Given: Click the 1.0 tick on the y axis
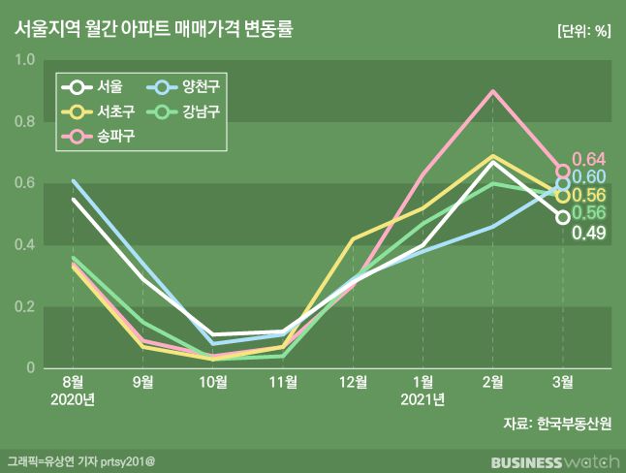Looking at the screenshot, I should pos(25,60).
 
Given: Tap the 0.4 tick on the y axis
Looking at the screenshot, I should pos(25,245).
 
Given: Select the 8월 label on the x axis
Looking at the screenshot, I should pos(74,382).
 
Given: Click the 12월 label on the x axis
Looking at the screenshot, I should pos(354,382).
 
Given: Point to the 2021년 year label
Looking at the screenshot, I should pos(423,399).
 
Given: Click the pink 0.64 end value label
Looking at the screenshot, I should pos(588,159).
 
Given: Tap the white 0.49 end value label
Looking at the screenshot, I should pos(588,233).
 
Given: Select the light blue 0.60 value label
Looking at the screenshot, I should pos(588,177).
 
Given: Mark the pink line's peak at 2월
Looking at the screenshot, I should pos(493,92).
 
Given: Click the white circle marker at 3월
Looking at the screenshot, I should pos(563,217).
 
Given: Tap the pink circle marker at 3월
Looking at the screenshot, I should pos(563,171).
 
